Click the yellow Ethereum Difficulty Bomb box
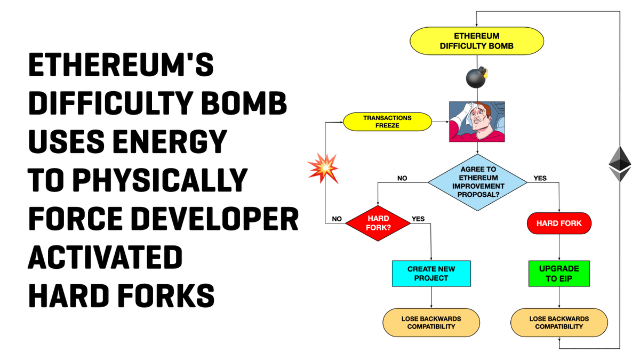pos(476,41)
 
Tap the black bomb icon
pos(476,78)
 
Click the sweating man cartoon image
pos(476,122)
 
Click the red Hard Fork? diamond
pos(378,223)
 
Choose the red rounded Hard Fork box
pos(559,223)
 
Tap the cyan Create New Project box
pos(431,274)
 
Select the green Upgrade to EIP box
pos(559,274)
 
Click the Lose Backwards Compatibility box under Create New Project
pos(431,323)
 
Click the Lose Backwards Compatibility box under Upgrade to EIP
pos(559,323)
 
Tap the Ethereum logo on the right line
pos(620,164)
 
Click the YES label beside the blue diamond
pos(540,178)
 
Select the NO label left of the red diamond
pos(337,219)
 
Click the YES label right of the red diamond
pos(418,219)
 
